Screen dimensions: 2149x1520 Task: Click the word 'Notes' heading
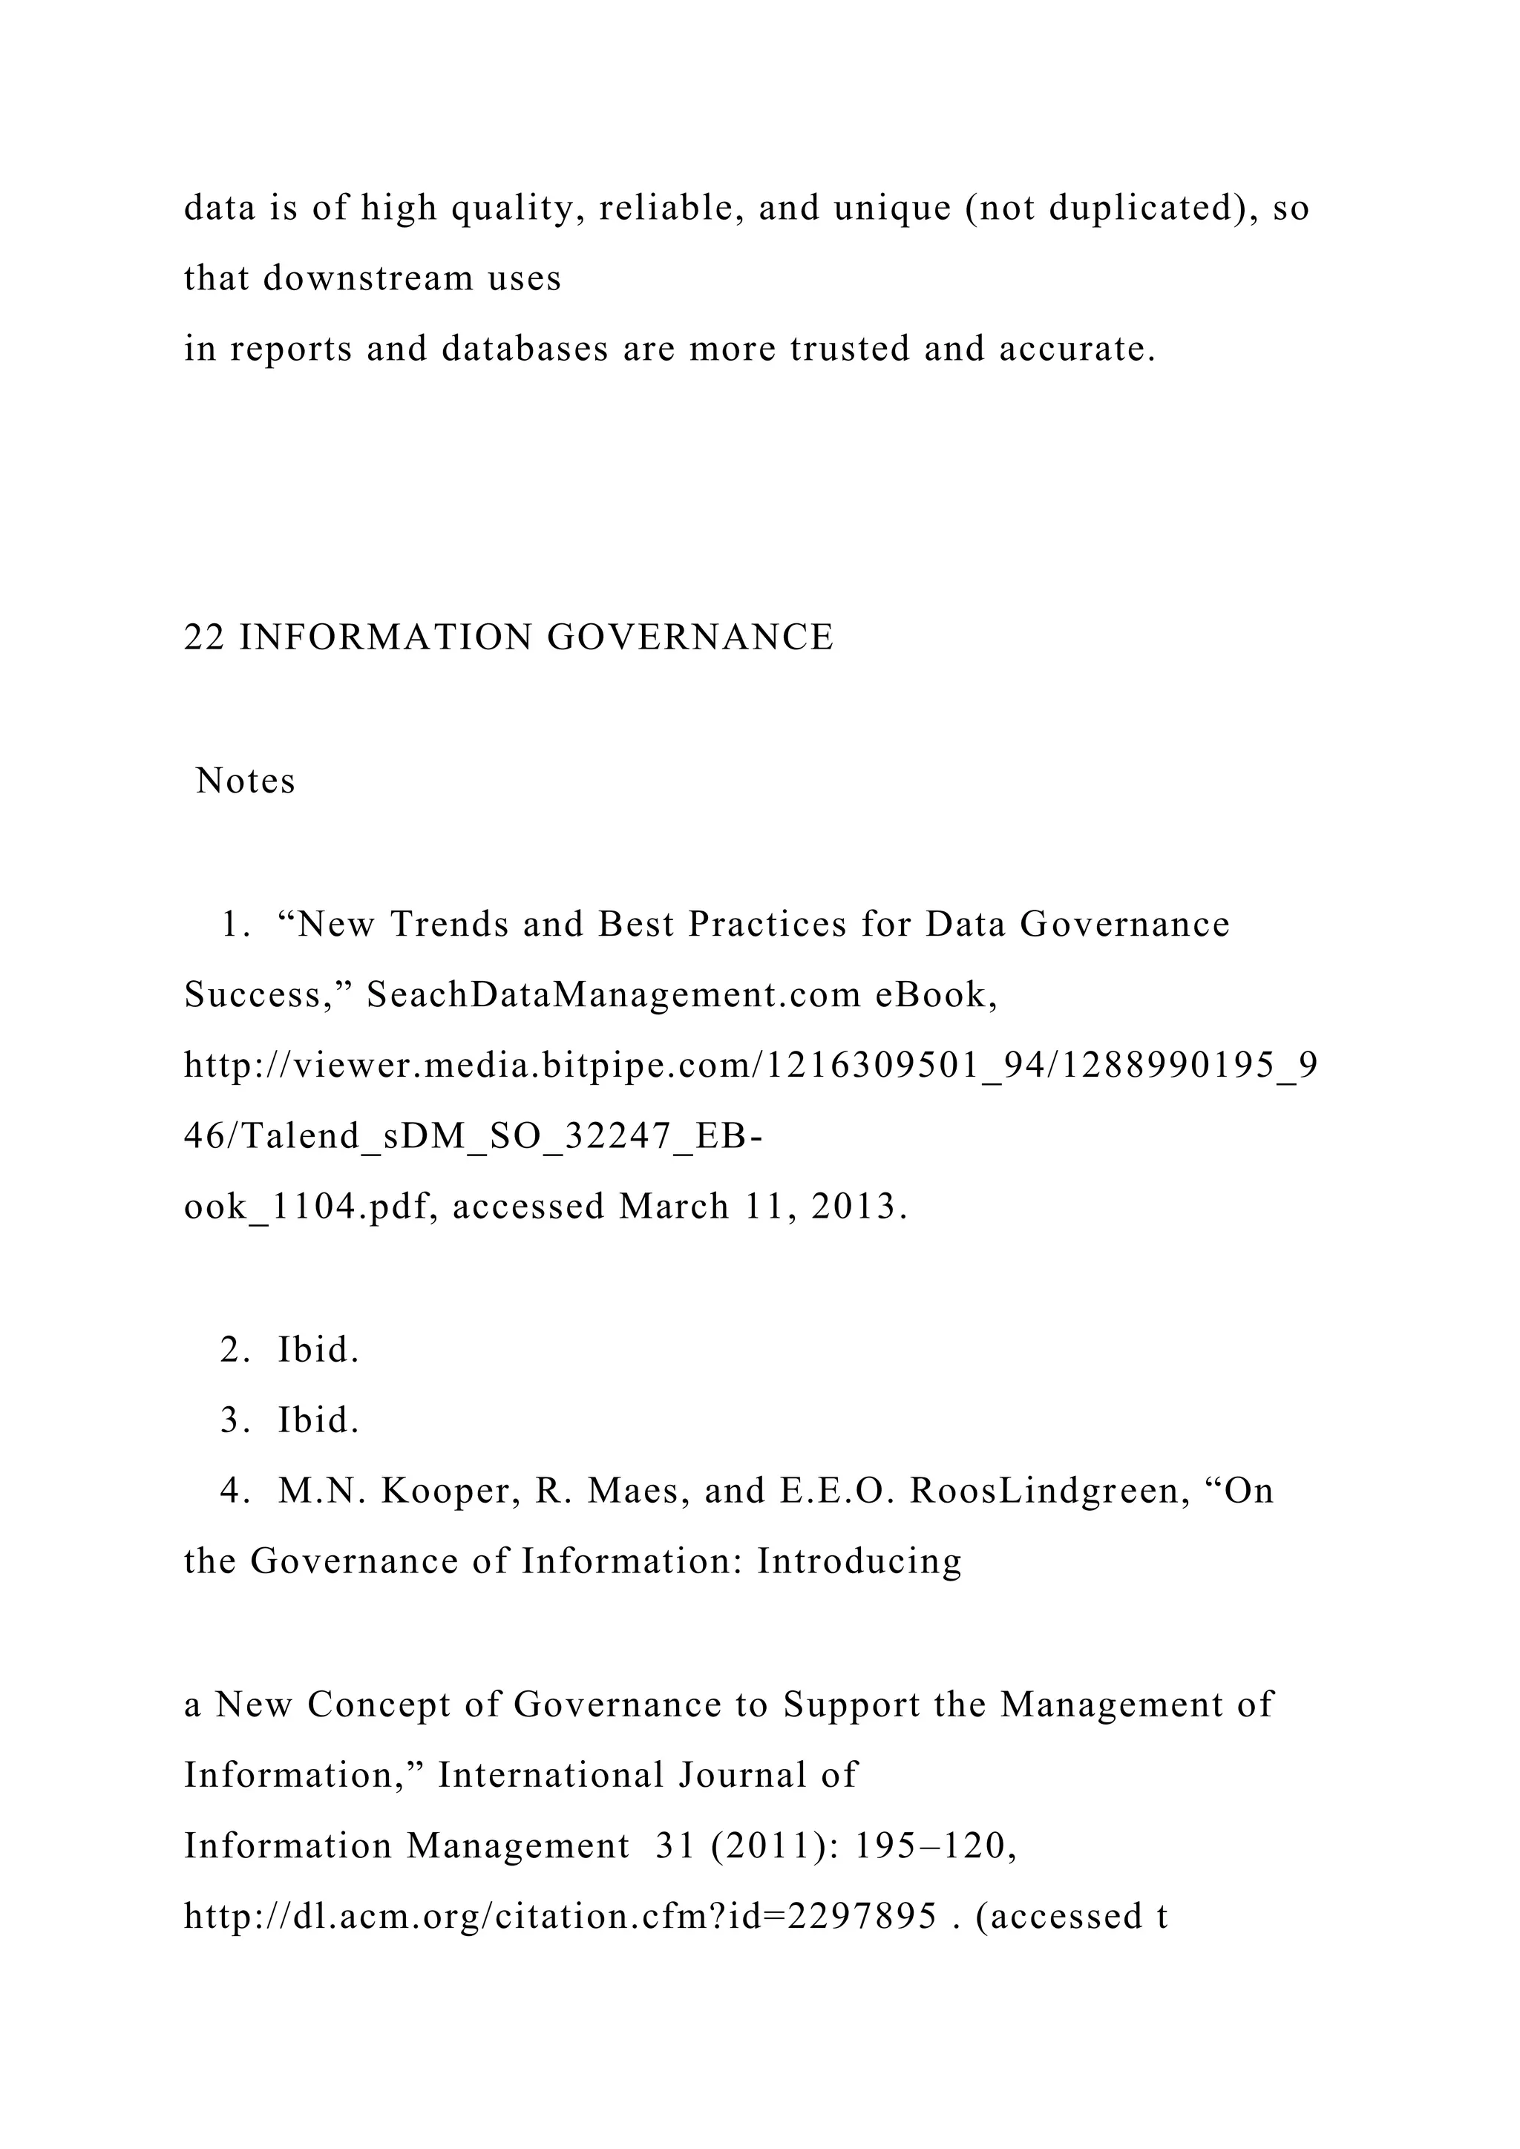(245, 781)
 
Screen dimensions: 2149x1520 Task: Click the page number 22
(203, 637)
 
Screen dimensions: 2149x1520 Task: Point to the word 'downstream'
(368, 278)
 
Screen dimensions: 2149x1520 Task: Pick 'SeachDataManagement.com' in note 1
(614, 994)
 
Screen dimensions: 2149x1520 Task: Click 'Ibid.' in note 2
(318, 1350)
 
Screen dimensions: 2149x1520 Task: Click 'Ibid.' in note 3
(318, 1421)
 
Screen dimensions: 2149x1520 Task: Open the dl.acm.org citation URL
(559, 1917)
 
